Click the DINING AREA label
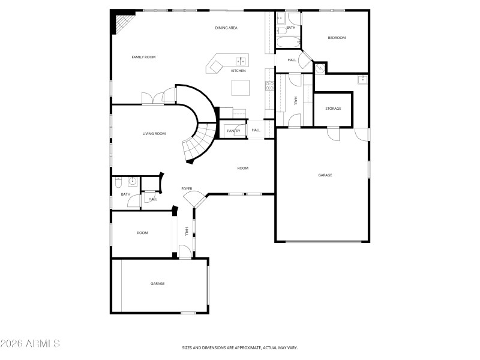pyautogui.click(x=227, y=28)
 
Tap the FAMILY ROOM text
pyautogui.click(x=143, y=57)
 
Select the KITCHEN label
pyautogui.click(x=238, y=71)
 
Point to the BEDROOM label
pyautogui.click(x=337, y=38)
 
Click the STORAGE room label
pyautogui.click(x=333, y=109)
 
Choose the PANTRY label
pyautogui.click(x=233, y=130)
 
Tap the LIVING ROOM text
pyautogui.click(x=154, y=134)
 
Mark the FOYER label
pyautogui.click(x=187, y=188)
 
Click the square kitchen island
pyautogui.click(x=241, y=88)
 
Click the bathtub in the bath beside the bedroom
pyautogui.click(x=287, y=43)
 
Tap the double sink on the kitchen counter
pyautogui.click(x=241, y=60)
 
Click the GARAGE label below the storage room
pyautogui.click(x=325, y=175)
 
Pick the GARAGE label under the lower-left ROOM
pyautogui.click(x=157, y=284)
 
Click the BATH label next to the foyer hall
pyautogui.click(x=125, y=194)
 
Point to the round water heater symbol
pyautogui.click(x=320, y=69)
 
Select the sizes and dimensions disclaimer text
pyautogui.click(x=240, y=347)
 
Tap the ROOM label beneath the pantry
pyautogui.click(x=242, y=168)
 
